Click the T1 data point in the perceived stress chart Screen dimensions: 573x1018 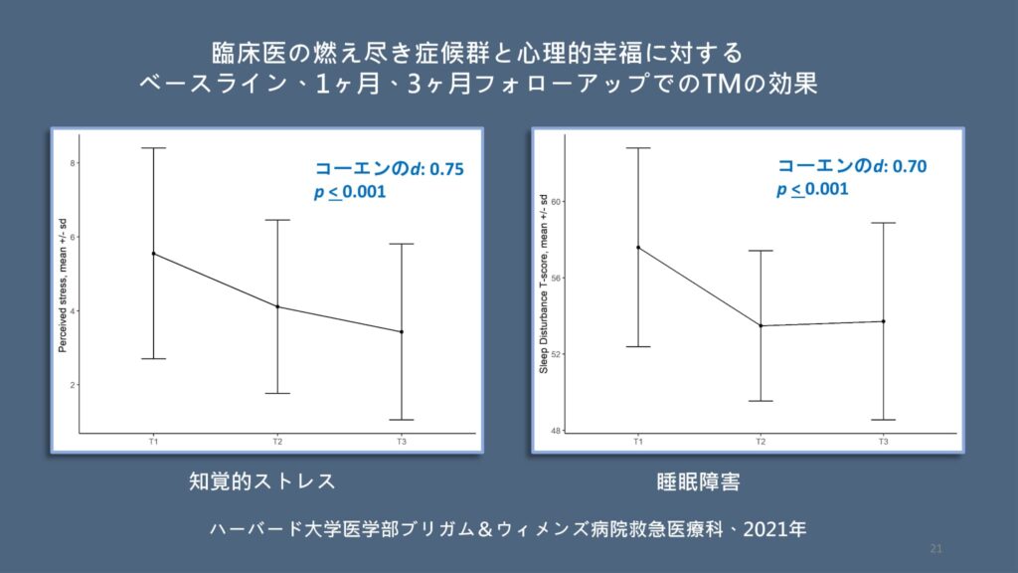click(153, 254)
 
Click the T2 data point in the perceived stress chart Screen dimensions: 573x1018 click(277, 306)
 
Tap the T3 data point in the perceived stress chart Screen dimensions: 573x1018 click(401, 331)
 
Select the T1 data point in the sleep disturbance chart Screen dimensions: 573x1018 click(637, 248)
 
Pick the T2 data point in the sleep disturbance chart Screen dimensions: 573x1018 click(761, 325)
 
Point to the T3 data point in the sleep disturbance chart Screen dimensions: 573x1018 click(883, 321)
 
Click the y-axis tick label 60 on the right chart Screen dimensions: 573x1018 click(557, 202)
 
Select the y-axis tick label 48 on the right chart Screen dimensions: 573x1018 click(557, 430)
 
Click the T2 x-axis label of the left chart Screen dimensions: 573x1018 click(277, 441)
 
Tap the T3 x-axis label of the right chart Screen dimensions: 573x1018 click(883, 441)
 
